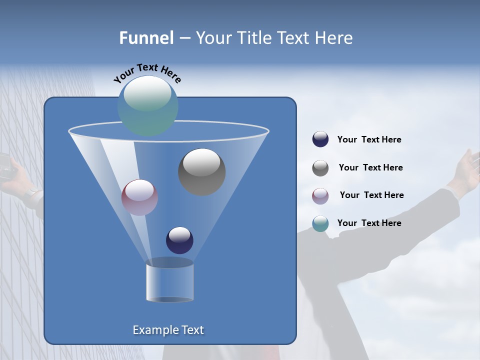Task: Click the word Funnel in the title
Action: click(146, 38)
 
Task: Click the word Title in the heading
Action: click(253, 38)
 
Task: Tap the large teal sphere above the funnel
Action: click(147, 105)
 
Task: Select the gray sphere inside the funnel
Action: click(201, 172)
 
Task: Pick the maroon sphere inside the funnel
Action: click(139, 197)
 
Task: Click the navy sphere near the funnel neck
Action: click(179, 240)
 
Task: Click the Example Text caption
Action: click(168, 330)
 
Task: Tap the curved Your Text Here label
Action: click(147, 73)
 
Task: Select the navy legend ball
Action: click(320, 139)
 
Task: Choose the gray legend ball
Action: click(320, 167)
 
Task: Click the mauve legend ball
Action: click(320, 195)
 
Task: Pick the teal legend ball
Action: click(320, 223)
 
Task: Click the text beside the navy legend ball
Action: click(369, 140)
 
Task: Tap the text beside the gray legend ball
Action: click(370, 168)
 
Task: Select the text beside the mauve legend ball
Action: click(371, 195)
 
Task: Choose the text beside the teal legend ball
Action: click(369, 223)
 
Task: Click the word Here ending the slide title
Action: click(334, 38)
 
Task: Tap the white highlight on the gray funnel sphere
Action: click(201, 161)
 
